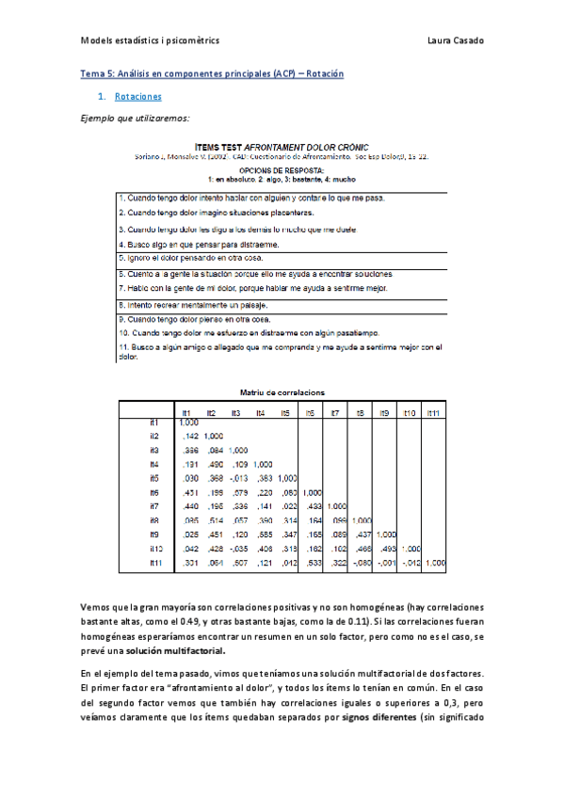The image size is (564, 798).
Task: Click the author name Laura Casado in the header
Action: pos(456,40)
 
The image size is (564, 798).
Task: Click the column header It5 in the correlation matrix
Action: pos(286,413)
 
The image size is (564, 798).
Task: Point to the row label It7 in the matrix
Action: pos(153,506)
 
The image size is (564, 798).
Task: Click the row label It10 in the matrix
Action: pos(155,548)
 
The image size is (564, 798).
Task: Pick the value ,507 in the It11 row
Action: pos(236,563)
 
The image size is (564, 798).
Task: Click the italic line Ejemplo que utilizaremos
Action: pos(136,118)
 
